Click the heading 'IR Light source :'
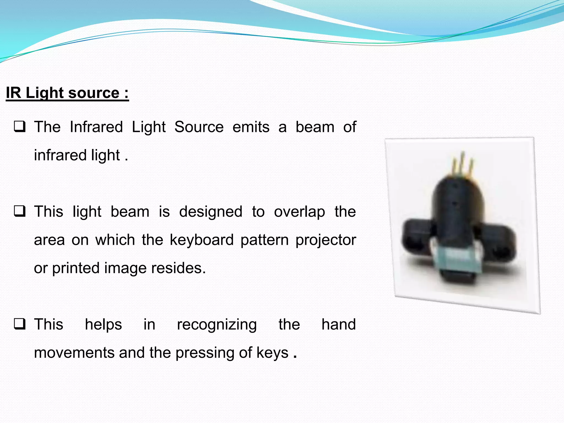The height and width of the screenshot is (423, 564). point(67,93)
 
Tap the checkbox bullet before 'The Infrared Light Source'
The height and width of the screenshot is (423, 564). point(20,127)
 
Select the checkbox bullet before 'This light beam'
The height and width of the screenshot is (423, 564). point(20,211)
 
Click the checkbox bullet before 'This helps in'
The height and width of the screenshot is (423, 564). point(20,324)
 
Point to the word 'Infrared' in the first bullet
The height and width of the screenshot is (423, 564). point(96,127)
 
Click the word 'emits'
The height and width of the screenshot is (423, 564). point(251,127)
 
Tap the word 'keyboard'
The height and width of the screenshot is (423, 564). point(202,240)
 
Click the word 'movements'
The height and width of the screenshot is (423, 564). point(74,353)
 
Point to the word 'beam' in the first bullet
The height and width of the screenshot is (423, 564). point(315,127)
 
